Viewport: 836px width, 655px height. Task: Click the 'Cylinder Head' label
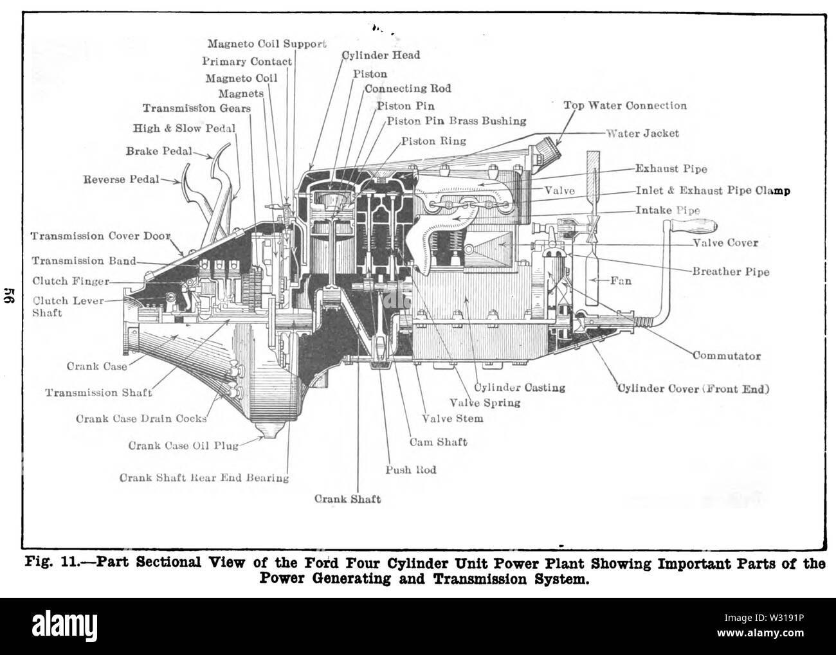(381, 55)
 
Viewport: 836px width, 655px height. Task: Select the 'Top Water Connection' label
(625, 105)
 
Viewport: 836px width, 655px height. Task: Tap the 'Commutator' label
(727, 356)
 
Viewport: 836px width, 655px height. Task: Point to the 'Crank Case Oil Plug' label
(183, 445)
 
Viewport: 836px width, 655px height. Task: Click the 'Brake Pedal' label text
(159, 151)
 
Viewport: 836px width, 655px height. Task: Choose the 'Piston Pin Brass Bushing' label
(457, 121)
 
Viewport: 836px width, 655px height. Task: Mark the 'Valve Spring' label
(485, 403)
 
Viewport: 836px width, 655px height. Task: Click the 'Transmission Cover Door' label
(100, 236)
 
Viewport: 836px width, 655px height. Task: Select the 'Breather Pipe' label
(731, 272)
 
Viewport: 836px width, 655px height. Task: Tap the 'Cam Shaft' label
(438, 442)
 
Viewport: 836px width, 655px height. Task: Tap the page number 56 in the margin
(10, 295)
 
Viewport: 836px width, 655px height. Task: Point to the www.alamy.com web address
(760, 633)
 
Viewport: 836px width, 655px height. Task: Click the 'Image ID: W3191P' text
(764, 618)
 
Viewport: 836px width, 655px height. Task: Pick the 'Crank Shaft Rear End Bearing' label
(204, 478)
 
